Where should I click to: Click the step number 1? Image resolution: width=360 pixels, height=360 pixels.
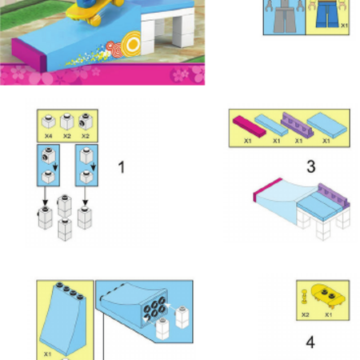coord(122,167)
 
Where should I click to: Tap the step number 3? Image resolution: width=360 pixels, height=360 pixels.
coord(311,166)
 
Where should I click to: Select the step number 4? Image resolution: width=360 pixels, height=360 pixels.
coord(310,342)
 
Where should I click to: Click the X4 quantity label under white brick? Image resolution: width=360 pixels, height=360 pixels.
coord(48,136)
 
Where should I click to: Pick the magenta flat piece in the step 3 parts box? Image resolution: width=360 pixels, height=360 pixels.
coord(249,126)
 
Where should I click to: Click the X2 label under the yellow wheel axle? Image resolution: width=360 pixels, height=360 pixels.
coord(306,315)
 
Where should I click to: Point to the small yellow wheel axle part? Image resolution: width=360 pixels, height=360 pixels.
coord(305,297)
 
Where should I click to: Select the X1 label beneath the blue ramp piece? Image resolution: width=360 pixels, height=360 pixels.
coord(47,354)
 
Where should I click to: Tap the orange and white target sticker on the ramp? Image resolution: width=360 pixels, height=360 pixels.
coord(131,43)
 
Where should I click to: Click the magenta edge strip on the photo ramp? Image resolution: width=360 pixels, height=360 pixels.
coord(29,55)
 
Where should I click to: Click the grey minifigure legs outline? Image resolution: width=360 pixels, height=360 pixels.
coord(284,16)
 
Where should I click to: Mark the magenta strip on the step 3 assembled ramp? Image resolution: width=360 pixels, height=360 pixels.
coord(266,189)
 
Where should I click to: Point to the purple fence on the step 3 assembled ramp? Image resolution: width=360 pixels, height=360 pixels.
coord(334,195)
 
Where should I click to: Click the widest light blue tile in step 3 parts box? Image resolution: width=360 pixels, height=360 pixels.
coord(327,125)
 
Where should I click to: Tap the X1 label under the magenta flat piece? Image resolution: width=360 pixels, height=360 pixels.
coord(248,141)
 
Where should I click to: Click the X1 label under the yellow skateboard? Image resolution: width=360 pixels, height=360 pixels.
coord(329,315)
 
